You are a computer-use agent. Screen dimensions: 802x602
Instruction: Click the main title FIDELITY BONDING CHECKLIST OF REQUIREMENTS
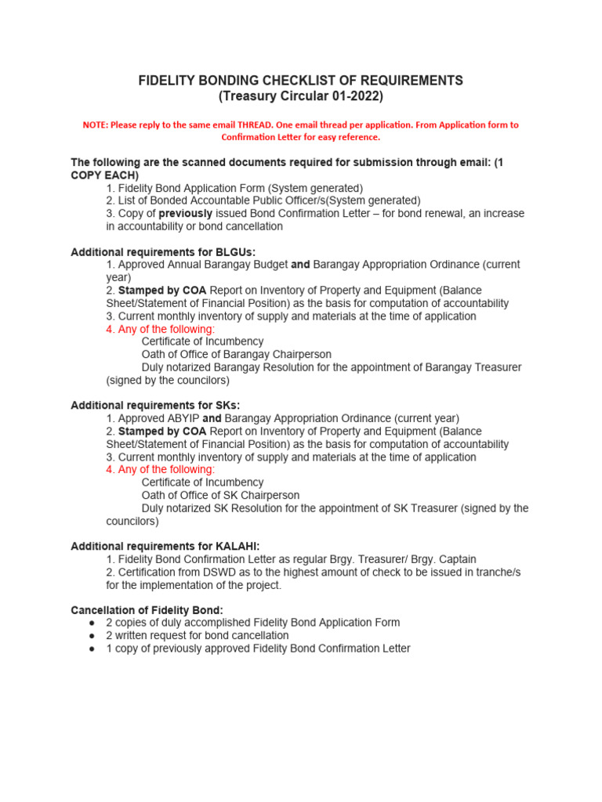tap(300, 81)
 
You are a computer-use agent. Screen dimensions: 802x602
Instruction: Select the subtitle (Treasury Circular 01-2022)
tap(300, 96)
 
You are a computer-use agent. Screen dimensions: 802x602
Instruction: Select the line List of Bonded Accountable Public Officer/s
tap(263, 200)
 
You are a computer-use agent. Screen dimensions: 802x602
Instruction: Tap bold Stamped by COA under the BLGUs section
tap(162, 291)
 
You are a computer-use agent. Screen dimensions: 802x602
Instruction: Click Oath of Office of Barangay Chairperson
tap(236, 355)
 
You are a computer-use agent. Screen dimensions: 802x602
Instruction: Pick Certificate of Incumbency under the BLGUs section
tap(202, 341)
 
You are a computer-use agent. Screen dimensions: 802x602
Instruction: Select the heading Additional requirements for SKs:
tap(155, 406)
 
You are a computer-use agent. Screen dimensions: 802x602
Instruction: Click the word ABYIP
tap(182, 418)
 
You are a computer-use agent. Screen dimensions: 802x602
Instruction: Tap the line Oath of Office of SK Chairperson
tap(220, 495)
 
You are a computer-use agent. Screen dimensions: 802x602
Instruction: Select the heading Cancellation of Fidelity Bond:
tap(147, 610)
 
